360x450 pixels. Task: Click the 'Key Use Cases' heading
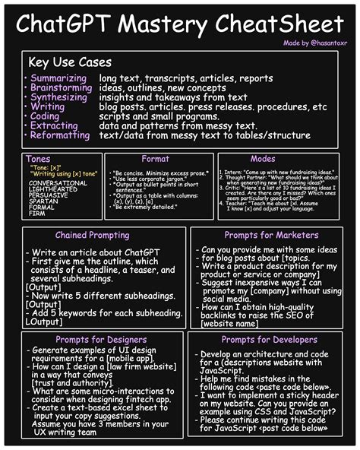pos(69,62)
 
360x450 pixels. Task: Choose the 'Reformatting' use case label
pos(61,135)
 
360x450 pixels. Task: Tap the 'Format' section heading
pos(155,159)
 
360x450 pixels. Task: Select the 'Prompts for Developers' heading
pos(271,339)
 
